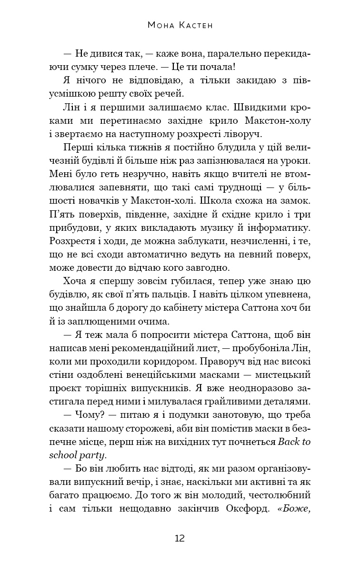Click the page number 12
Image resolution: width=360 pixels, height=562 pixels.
pyautogui.click(x=180, y=538)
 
